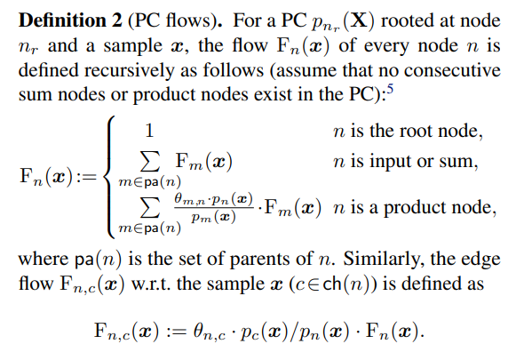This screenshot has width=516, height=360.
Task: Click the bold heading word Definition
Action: click(x=62, y=20)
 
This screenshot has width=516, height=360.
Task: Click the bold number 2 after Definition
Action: click(x=116, y=20)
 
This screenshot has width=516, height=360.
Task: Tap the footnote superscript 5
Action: click(x=390, y=89)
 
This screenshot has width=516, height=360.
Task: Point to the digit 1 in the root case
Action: click(x=149, y=131)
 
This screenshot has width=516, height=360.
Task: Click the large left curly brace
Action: click(x=110, y=177)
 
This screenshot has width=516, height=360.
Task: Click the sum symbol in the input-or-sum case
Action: click(x=150, y=162)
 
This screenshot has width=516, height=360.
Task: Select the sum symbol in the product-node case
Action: click(x=150, y=208)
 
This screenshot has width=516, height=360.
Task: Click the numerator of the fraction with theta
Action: click(x=214, y=199)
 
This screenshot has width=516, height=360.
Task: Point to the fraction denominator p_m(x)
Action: click(x=213, y=217)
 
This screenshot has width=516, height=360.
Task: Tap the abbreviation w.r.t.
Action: click(x=151, y=284)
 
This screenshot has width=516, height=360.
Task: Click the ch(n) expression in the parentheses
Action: click(x=350, y=284)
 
